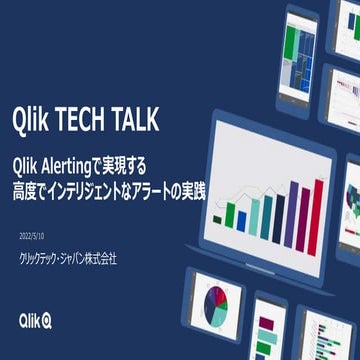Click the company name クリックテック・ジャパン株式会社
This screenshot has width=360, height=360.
(x=68, y=258)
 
